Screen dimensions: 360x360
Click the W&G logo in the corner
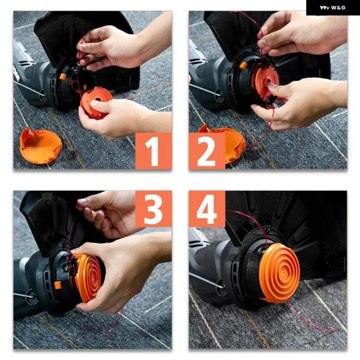332,8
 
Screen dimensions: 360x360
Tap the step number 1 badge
154,151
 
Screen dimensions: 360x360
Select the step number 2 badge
207,151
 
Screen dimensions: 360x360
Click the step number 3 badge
154,209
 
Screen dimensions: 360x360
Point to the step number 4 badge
207,209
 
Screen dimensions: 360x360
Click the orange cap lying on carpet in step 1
40,145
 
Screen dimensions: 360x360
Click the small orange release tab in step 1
62,77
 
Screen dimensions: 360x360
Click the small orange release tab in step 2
244,65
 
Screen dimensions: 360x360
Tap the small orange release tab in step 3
58,285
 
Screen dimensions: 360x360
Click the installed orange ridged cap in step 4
280,273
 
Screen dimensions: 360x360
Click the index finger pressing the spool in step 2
275,87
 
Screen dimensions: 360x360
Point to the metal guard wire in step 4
206,281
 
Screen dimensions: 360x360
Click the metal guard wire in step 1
29,88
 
